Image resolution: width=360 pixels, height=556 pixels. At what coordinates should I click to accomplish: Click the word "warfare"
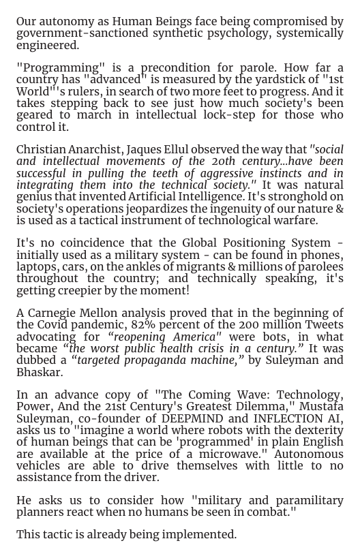click(x=294, y=220)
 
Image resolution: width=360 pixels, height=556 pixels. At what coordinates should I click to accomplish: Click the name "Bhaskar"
click(x=38, y=372)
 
